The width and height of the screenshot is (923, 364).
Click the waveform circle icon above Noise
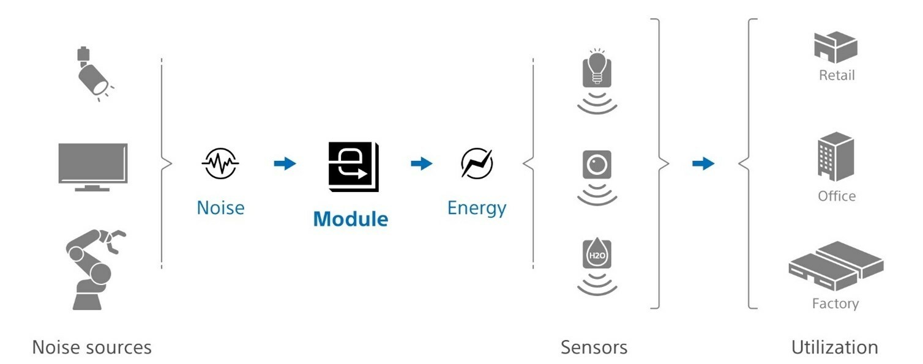(x=220, y=163)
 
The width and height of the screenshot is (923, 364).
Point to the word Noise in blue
(x=220, y=208)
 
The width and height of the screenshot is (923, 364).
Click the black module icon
(x=353, y=166)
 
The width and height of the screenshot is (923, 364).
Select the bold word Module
(x=351, y=219)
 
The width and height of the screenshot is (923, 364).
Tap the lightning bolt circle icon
(x=477, y=163)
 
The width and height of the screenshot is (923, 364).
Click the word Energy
(x=477, y=209)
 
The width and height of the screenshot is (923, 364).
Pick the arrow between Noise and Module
(x=285, y=163)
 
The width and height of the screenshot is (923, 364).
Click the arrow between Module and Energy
(x=422, y=163)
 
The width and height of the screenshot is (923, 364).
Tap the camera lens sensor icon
(x=597, y=165)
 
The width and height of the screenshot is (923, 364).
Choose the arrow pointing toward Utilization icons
(x=703, y=163)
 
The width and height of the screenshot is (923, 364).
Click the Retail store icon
(x=836, y=48)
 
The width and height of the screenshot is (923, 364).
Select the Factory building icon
(x=836, y=267)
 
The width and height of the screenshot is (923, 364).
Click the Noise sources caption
(x=92, y=347)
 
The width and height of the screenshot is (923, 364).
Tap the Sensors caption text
(x=594, y=347)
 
